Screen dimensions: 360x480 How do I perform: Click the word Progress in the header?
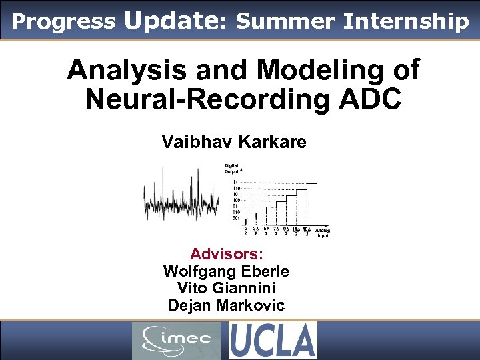click(x=63, y=21)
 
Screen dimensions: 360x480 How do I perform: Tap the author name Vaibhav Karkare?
click(x=233, y=142)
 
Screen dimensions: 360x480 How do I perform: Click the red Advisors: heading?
click(x=227, y=254)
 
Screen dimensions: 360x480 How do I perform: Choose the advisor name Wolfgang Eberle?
click(x=226, y=271)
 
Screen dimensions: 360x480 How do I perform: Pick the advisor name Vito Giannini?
click(x=226, y=289)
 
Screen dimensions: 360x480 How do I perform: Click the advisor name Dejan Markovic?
click(x=226, y=306)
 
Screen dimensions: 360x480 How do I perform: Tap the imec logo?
click(x=176, y=340)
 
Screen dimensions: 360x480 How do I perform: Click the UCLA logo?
click(x=273, y=340)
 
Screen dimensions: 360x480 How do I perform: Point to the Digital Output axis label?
click(x=232, y=169)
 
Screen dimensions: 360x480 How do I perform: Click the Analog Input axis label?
click(x=323, y=233)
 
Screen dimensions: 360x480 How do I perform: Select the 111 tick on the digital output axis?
click(x=236, y=182)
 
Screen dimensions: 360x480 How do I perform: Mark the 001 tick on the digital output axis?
click(x=236, y=218)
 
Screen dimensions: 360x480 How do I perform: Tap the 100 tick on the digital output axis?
click(x=236, y=200)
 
